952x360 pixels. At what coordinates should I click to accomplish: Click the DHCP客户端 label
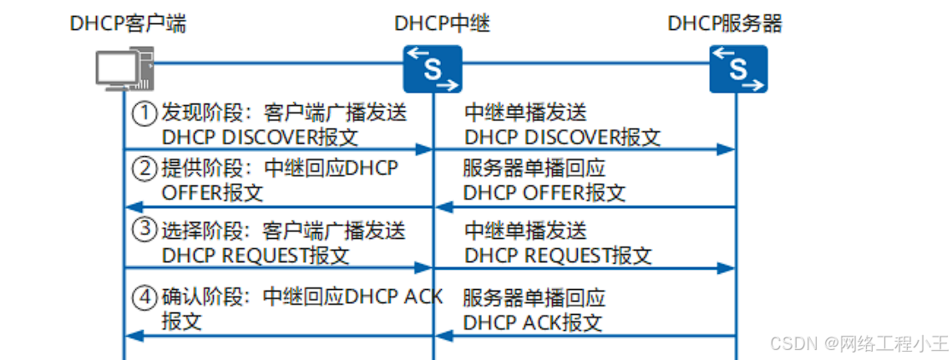coord(128,23)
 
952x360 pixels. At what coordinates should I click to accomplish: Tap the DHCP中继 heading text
coord(441,23)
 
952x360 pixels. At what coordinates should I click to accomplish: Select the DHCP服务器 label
coord(725,23)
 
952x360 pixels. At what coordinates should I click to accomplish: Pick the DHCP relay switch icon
coord(432,68)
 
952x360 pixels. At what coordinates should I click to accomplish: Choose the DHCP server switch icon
coord(738,68)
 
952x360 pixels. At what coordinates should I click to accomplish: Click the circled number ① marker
coord(146,112)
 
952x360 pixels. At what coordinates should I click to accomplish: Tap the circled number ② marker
coord(146,170)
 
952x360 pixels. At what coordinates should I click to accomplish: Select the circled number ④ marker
coord(146,297)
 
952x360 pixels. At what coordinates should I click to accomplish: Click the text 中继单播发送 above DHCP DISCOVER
coord(525,112)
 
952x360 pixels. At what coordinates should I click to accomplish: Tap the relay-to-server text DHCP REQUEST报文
coord(558,255)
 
